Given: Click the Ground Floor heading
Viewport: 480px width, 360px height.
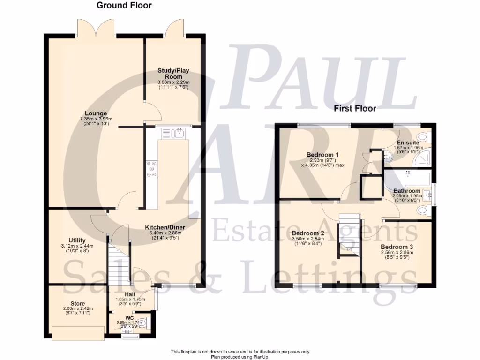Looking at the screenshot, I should (124, 6).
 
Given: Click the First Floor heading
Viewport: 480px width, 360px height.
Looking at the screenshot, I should (355, 109).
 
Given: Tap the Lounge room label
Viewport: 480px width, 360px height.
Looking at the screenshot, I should (96, 113).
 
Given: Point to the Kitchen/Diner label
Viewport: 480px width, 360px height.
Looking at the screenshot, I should (167, 227).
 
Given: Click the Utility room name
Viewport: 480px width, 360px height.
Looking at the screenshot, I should (77, 240).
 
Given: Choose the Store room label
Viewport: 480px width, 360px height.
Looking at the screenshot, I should (77, 303).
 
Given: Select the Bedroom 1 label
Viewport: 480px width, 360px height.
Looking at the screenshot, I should (322, 155).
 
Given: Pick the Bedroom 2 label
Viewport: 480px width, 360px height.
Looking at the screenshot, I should (308, 233).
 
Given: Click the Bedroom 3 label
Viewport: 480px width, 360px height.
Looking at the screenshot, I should (397, 247).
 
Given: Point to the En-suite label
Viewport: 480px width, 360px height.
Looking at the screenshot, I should (408, 142).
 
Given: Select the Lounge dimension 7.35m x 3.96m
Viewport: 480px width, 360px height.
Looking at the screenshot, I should (96, 119).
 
